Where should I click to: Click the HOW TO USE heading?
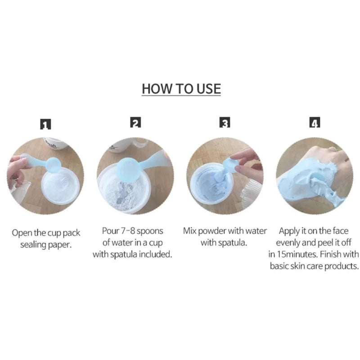181,88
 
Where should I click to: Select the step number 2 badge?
135,122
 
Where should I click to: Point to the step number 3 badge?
225,122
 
